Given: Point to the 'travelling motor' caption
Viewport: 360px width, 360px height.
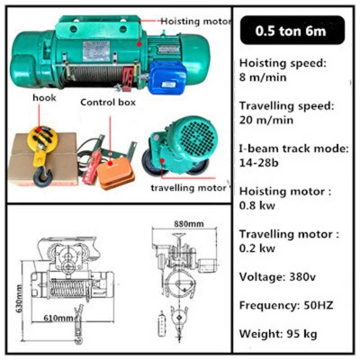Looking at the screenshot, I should pos(188,188).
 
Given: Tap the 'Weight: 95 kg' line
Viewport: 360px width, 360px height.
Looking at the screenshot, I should pos(284,335).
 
